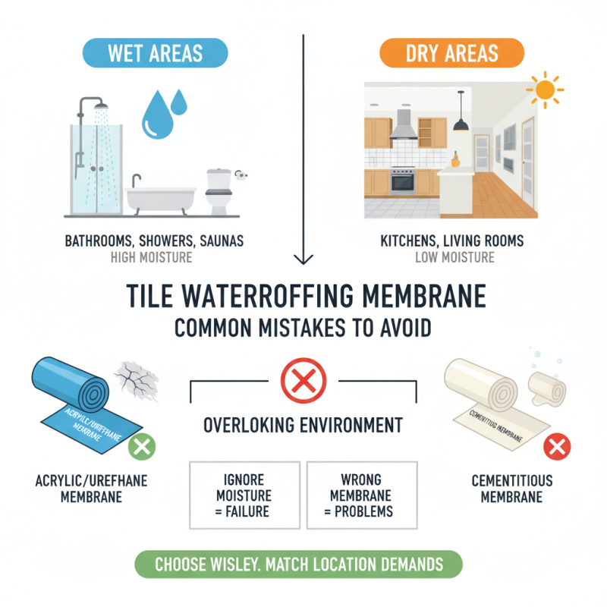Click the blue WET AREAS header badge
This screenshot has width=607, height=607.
pos(155,55)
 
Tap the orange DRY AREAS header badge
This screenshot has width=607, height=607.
pos(451,55)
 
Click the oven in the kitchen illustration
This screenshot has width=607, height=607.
pos(402,182)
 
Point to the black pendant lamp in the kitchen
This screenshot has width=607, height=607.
pos(459,124)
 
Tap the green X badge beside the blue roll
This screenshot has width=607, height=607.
pos(140,447)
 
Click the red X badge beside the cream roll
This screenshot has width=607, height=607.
pos(558,447)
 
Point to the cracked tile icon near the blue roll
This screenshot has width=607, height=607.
pos(137,379)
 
